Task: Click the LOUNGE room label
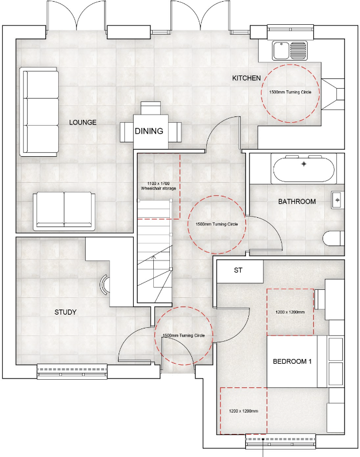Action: coord(83,122)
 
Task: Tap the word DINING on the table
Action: coord(149,131)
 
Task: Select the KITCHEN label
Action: coord(247,78)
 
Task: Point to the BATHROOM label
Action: coord(297,202)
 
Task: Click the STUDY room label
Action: coord(66,312)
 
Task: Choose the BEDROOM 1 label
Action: coord(292,361)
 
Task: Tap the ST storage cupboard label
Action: coord(238,270)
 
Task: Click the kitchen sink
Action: coord(290,51)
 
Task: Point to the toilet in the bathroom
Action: coord(334,239)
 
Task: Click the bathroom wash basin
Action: coord(338,200)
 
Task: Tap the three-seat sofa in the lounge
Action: coord(39,112)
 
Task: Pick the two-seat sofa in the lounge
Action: coord(64,210)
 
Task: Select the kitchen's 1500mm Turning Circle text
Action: coord(290,92)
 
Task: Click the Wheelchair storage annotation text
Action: coord(158,188)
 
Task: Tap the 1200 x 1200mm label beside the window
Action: coord(244,411)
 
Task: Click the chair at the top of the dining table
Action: coord(150,108)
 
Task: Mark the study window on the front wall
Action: coord(72,371)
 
